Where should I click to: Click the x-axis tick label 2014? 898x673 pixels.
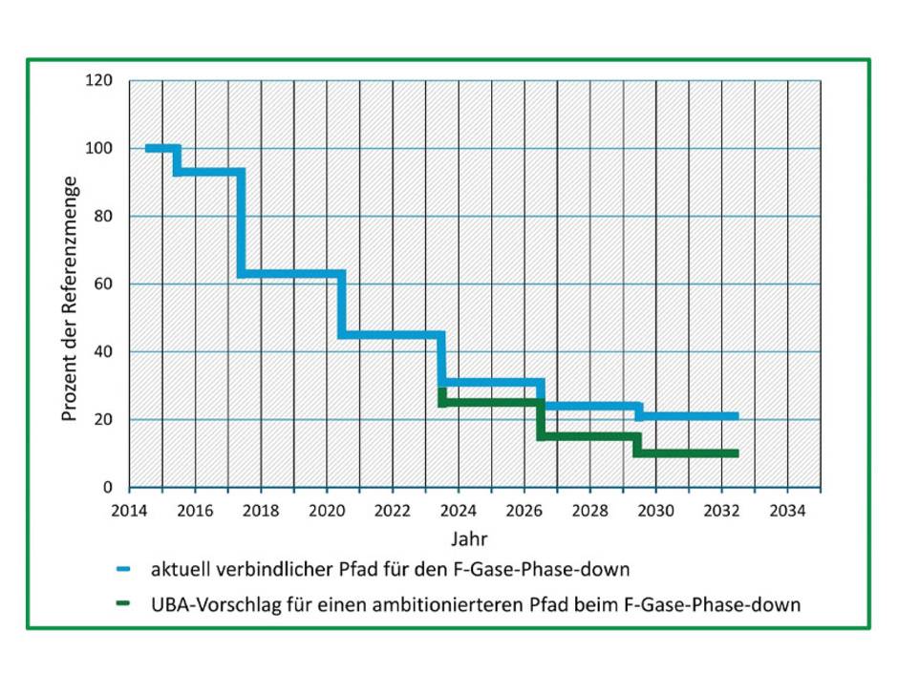click(128, 509)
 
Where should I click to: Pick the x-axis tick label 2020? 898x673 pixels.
click(326, 509)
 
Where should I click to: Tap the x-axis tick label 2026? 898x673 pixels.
click(524, 509)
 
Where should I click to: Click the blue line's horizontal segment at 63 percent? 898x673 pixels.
click(291, 274)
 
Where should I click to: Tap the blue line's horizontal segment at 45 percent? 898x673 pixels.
click(391, 334)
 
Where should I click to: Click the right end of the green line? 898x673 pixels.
click(737, 453)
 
